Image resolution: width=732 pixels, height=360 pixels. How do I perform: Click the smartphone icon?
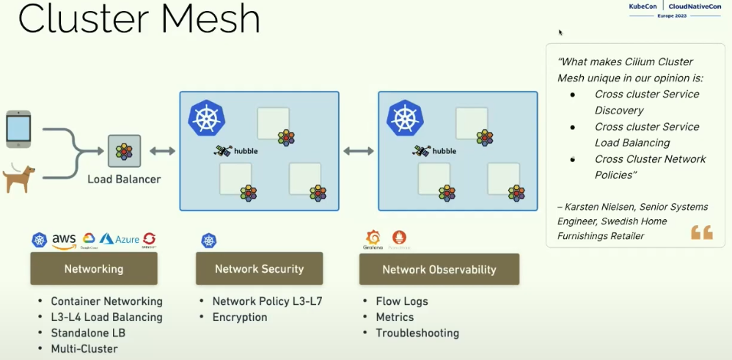[x=18, y=128]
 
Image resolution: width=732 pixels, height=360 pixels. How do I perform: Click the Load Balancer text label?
[x=124, y=179]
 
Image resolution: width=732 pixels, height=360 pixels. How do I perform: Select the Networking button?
[x=94, y=269]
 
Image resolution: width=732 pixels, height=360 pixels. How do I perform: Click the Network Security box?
[x=259, y=269]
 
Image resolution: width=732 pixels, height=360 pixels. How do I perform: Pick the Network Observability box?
[x=439, y=270]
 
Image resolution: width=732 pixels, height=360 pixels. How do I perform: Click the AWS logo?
[x=65, y=240]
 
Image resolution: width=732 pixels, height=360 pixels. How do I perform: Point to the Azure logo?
[x=119, y=240]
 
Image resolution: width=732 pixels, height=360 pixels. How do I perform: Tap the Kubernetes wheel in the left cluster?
[x=206, y=117]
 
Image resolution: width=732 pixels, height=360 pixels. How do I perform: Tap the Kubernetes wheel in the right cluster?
[x=405, y=117]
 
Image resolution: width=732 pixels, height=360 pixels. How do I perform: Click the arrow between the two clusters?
[x=359, y=151]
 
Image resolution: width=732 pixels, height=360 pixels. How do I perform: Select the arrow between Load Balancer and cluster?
[x=162, y=151]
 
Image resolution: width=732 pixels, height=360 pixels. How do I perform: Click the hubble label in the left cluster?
[x=246, y=151]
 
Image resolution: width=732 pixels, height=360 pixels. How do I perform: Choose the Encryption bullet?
[x=240, y=317]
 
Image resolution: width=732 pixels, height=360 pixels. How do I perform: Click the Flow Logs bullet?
[x=401, y=301]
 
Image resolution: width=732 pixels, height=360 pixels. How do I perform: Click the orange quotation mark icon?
[x=702, y=232]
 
